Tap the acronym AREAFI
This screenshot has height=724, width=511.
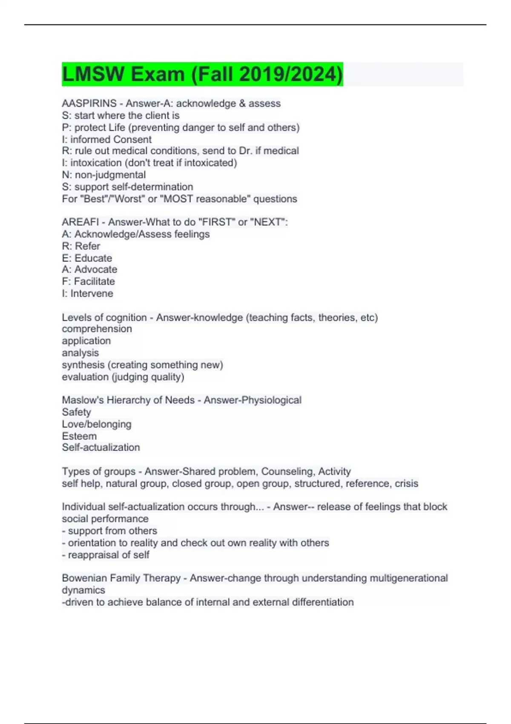pyautogui.click(x=80, y=222)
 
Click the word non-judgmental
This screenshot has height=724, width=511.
pyautogui.click(x=110, y=175)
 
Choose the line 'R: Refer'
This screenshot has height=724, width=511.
pyautogui.click(x=81, y=246)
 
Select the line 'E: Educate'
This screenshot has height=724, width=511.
pyautogui.click(x=87, y=258)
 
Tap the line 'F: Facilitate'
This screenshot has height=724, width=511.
pyautogui.click(x=88, y=282)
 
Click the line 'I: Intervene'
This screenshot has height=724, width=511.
pyautogui.click(x=87, y=293)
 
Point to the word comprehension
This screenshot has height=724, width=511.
pyautogui.click(x=97, y=329)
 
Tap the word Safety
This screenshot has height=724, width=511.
pyautogui.click(x=76, y=412)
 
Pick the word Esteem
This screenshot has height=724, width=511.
pyautogui.click(x=79, y=436)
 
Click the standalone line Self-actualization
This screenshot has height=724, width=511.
pyautogui.click(x=100, y=447)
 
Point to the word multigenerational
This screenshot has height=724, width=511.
pyautogui.click(x=408, y=578)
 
